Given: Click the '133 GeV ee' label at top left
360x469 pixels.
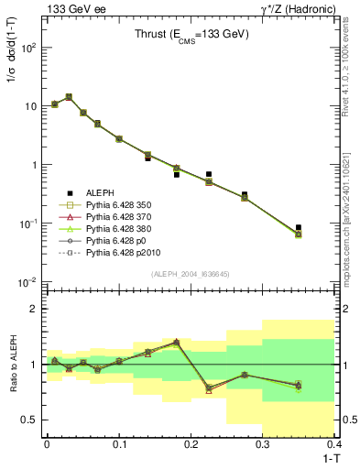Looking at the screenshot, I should (73, 8).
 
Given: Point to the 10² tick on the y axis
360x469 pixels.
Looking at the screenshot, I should (28, 48).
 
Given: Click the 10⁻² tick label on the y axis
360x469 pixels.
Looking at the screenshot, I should (28, 282).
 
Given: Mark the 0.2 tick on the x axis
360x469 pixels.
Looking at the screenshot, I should (191, 445).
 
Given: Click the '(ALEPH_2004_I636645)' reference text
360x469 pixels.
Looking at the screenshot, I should (190, 274).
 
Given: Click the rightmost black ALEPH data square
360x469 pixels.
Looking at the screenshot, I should (299, 227).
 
